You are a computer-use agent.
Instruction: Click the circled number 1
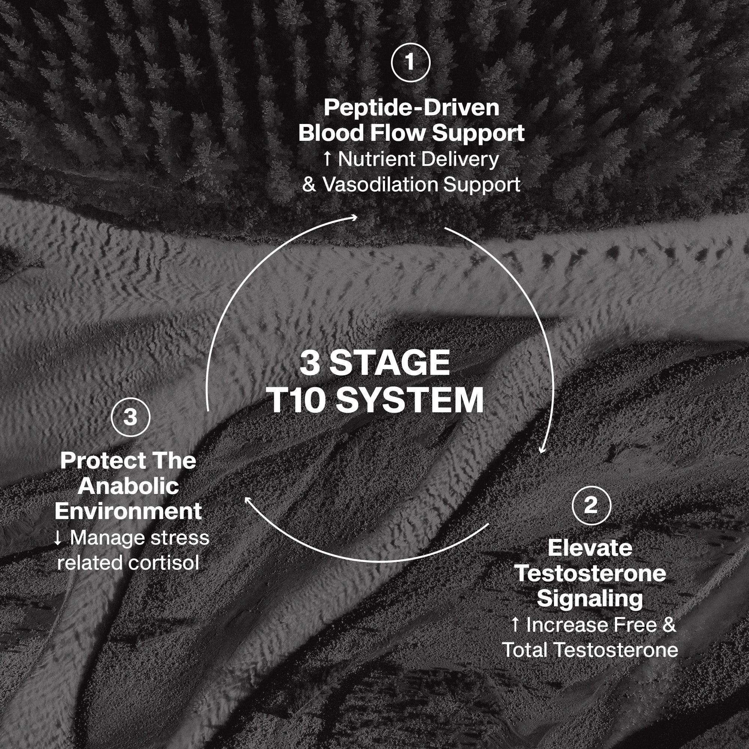(410, 63)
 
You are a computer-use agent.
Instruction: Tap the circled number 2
(591, 506)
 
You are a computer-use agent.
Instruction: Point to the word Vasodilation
(381, 185)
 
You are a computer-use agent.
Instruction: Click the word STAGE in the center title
(389, 363)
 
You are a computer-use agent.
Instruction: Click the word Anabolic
(128, 486)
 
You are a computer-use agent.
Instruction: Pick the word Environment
(128, 511)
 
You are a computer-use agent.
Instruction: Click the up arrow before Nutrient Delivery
(328, 159)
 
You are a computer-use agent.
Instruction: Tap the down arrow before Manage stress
(57, 538)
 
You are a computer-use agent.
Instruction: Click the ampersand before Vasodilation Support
(309, 185)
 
